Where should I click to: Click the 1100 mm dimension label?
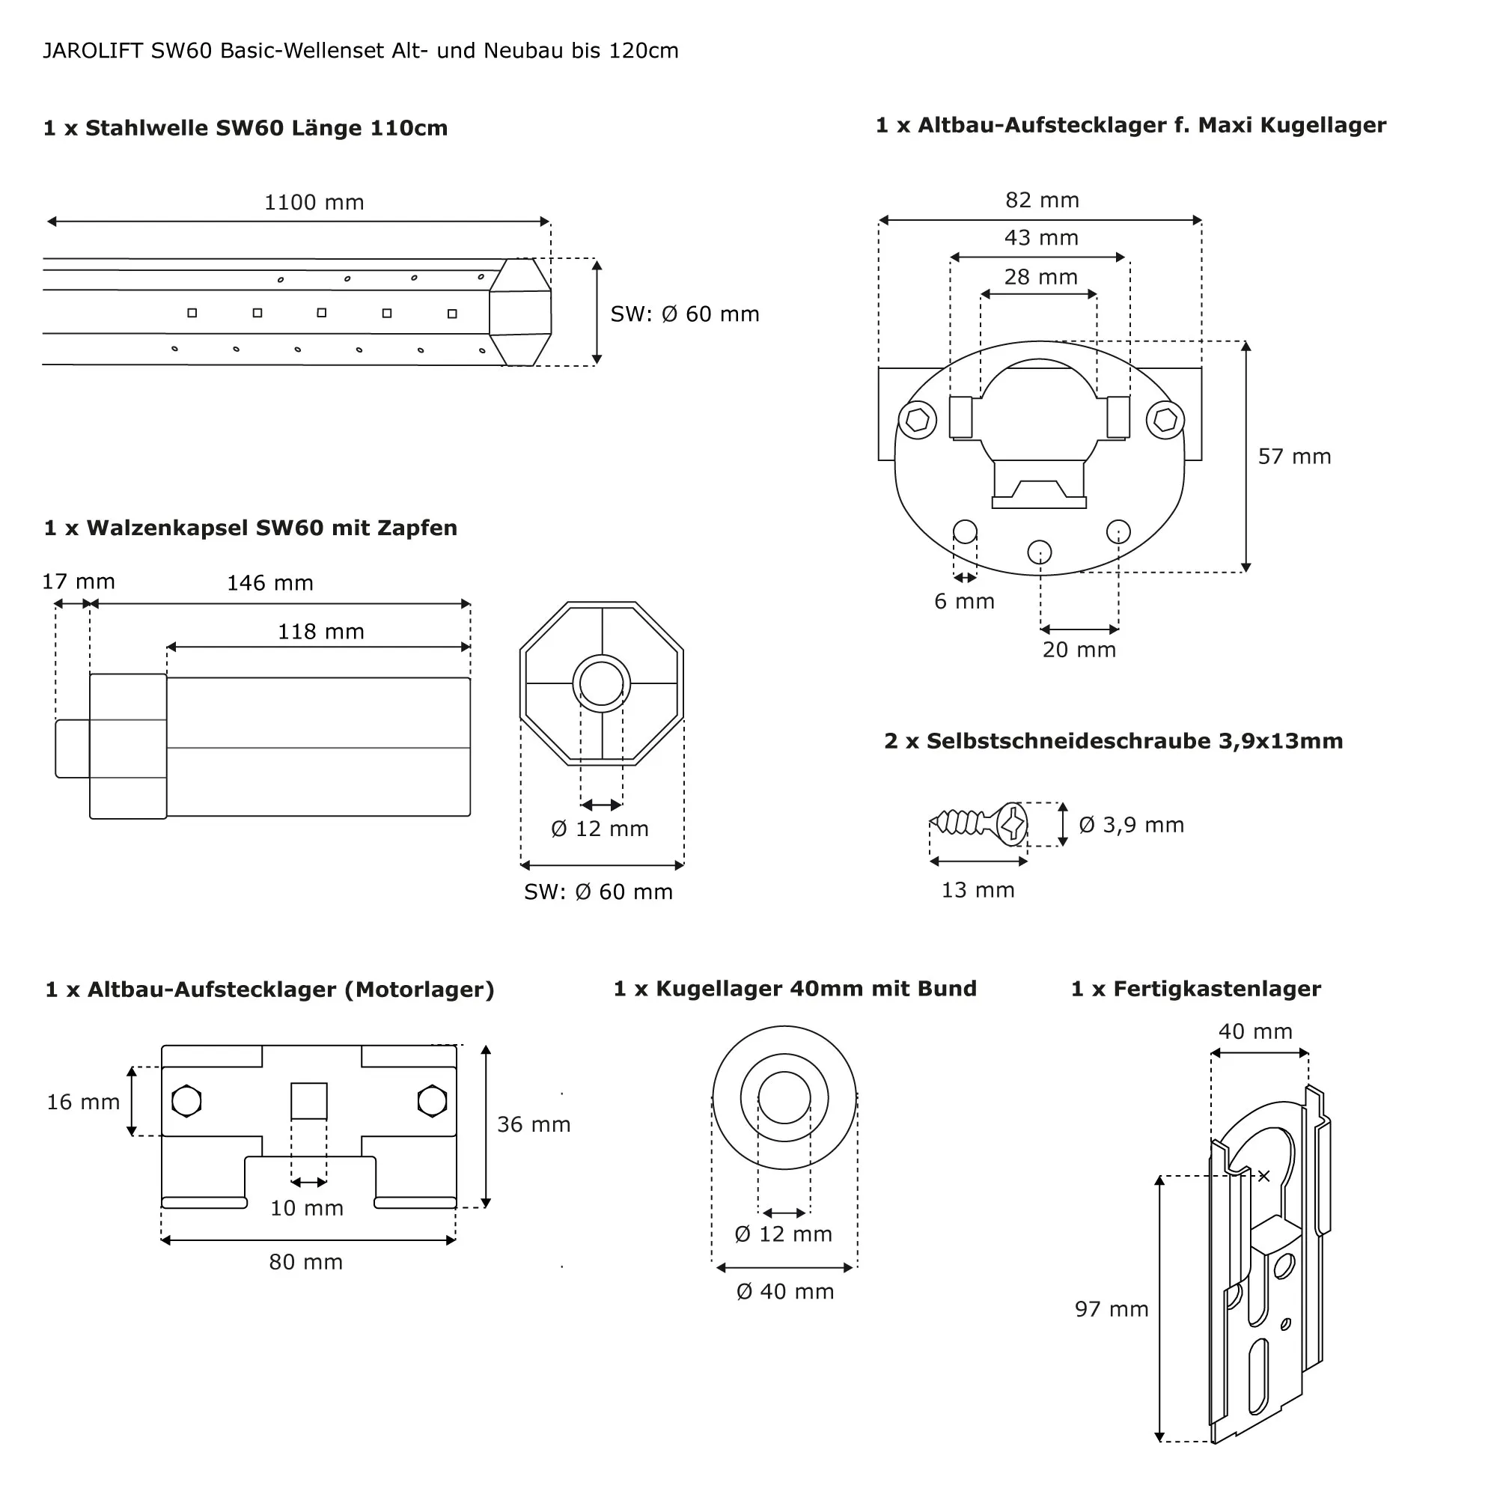coord(314,202)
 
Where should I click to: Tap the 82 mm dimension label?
coord(1041,200)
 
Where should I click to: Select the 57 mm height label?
coord(1294,457)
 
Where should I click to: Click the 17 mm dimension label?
coord(79,581)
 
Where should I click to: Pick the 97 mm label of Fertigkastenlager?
coord(1111,1308)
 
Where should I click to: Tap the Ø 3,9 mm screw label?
coord(1131,824)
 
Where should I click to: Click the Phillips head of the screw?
coord(1012,823)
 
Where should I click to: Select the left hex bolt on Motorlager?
coord(186,1101)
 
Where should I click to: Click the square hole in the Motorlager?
coord(308,1100)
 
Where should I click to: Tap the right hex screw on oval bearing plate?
coord(1165,420)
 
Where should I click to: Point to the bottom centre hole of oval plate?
coord(1039,552)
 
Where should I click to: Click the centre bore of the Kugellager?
coord(784,1097)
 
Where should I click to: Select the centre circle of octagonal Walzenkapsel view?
coord(601,683)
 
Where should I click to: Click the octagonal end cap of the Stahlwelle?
coord(521,312)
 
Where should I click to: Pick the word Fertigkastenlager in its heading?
coord(1216,989)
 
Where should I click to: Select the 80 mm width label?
coord(305,1261)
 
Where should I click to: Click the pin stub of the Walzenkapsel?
coord(72,748)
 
